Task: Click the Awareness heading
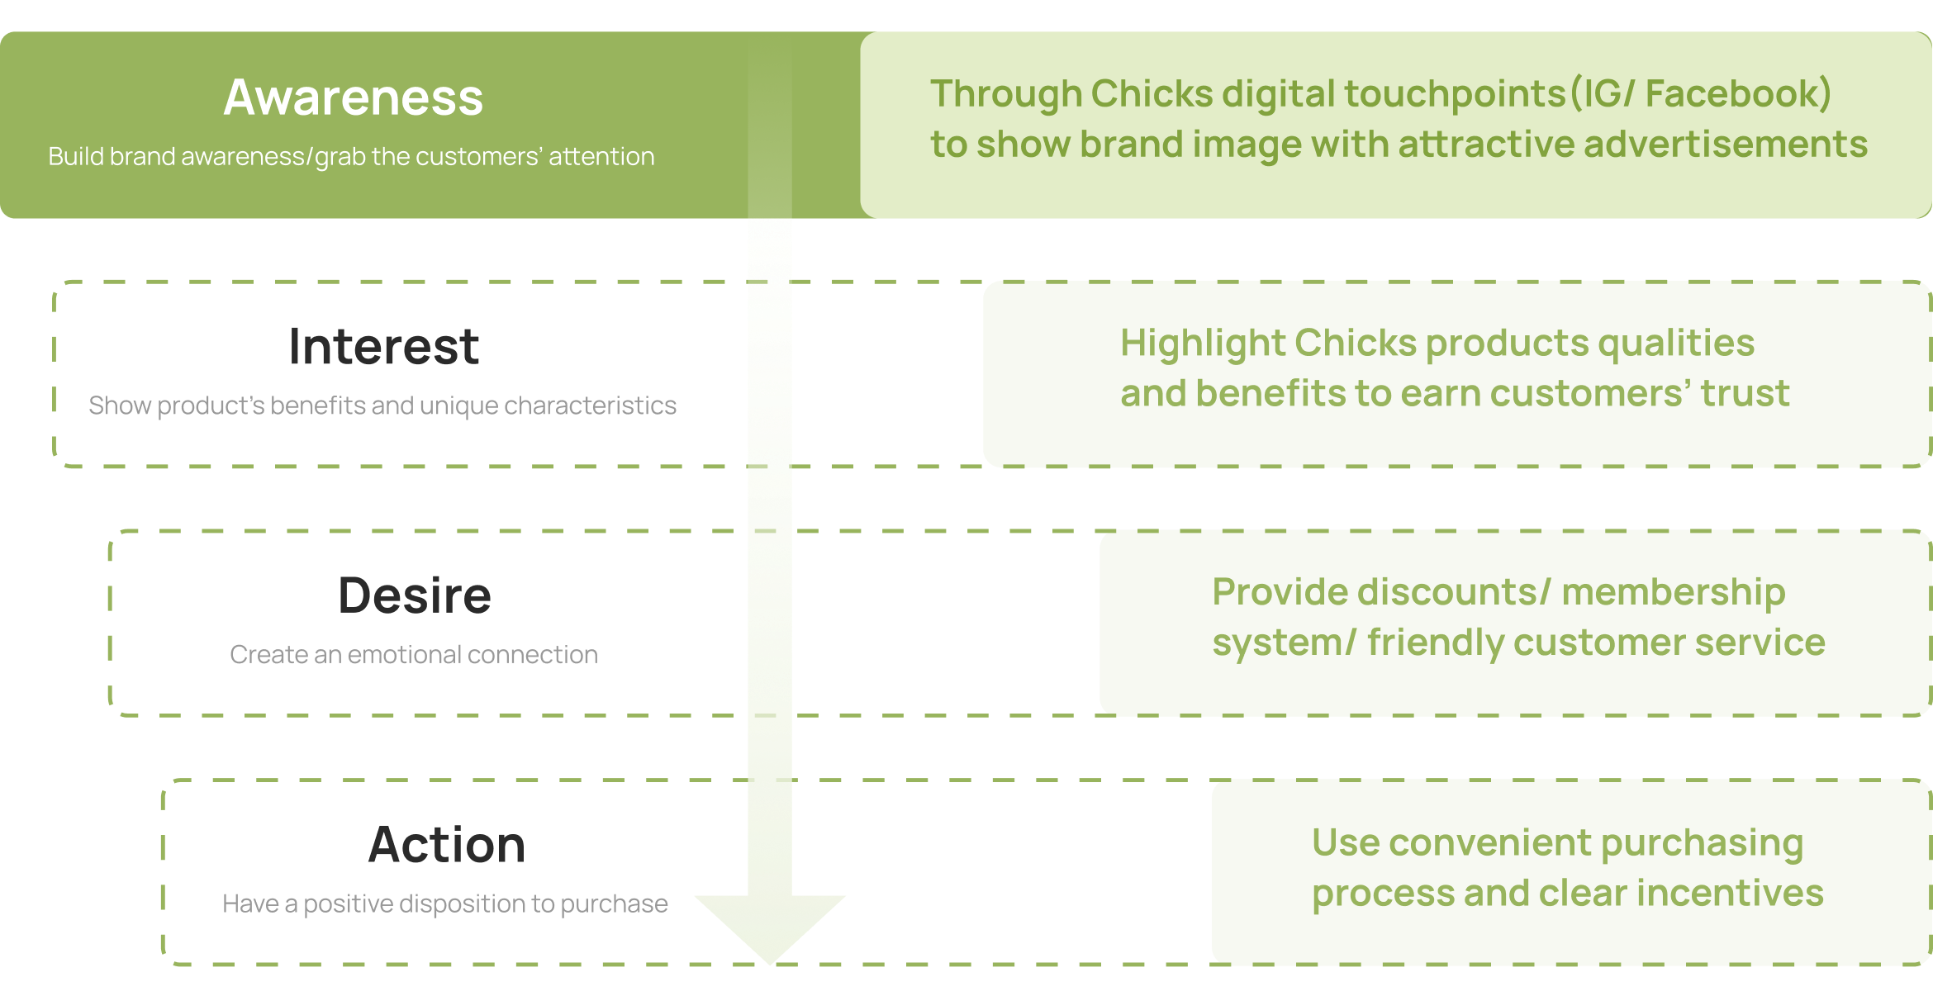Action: click(x=353, y=97)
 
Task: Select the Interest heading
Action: click(x=384, y=346)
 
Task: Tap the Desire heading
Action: click(x=415, y=595)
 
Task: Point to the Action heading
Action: click(x=447, y=845)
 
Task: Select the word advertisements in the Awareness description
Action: click(x=1726, y=145)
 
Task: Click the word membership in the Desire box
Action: click(x=1674, y=593)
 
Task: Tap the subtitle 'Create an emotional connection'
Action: click(x=414, y=655)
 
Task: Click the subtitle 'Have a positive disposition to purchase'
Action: click(x=445, y=904)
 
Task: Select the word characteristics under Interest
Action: click(x=590, y=406)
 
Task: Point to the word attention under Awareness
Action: click(x=601, y=156)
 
